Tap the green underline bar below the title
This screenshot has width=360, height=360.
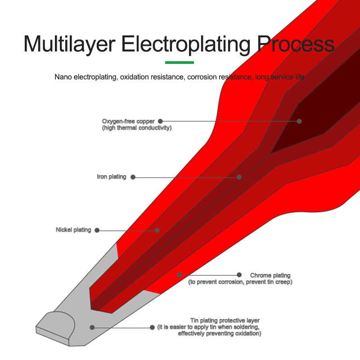point(180,62)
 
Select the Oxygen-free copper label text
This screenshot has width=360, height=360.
point(128,121)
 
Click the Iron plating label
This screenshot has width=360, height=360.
point(112,177)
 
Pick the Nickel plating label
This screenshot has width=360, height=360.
point(73,230)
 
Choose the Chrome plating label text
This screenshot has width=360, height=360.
point(270,275)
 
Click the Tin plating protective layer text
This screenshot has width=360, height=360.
point(225,320)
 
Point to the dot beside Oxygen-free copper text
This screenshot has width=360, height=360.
point(160,121)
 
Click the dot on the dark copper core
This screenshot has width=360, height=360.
point(299,121)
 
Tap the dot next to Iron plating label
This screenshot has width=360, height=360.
point(133,177)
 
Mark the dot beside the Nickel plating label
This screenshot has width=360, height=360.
point(97,230)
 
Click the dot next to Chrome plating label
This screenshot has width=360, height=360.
point(238,274)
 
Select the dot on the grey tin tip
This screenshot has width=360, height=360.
point(92,327)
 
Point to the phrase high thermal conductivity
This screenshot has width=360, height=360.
point(137,128)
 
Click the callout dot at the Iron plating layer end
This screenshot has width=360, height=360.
point(239,177)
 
